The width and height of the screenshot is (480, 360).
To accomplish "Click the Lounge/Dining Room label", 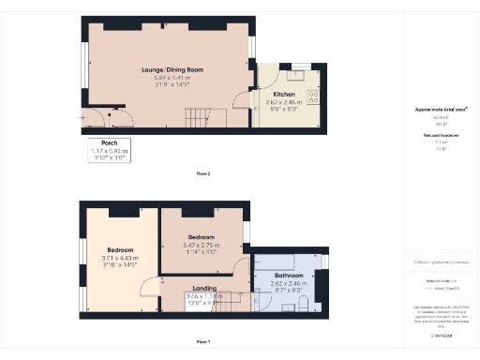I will pyautogui.click(x=172, y=70).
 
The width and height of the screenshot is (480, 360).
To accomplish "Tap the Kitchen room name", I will pyautogui.click(x=285, y=95).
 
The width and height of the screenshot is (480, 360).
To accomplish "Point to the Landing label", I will pyautogui.click(x=204, y=289).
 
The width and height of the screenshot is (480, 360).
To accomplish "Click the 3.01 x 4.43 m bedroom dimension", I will pyautogui.click(x=119, y=259).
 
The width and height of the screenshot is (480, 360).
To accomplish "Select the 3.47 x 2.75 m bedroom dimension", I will pyautogui.click(x=202, y=245).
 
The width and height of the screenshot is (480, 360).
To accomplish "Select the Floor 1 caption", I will pyautogui.click(x=203, y=340).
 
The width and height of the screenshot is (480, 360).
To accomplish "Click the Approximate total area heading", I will pyautogui.click(x=441, y=110).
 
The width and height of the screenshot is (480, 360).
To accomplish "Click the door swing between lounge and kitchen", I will pyautogui.click(x=247, y=104).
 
